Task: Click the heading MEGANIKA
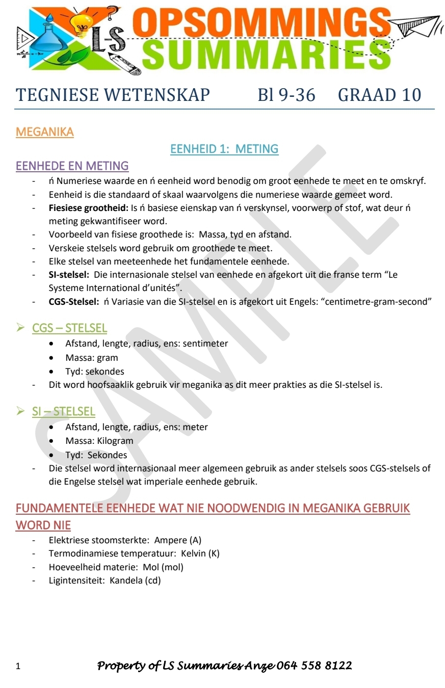point(45,132)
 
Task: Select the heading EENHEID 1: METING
point(224,149)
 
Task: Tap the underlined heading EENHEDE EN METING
point(72,166)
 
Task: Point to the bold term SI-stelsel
point(69,274)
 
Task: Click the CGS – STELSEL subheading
point(69,328)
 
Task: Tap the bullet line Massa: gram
point(91,358)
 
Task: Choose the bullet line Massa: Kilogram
point(99,441)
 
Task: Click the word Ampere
point(170,540)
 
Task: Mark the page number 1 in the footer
point(18,666)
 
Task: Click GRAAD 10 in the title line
point(379,95)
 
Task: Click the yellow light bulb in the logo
point(81,23)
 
